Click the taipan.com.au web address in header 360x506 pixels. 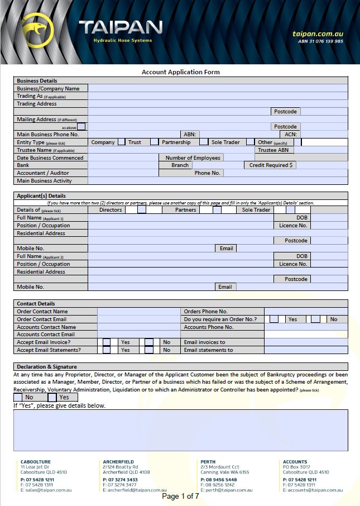tap(317, 34)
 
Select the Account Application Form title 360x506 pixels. tap(180, 72)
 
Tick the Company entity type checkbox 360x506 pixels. tap(121, 142)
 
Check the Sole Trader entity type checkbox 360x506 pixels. tap(250, 142)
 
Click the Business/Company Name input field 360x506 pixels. tap(218, 88)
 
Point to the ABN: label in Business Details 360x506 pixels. tap(189, 135)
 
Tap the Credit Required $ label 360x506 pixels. tap(271, 165)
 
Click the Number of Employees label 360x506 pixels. tap(193, 158)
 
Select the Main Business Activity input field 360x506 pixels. tap(218, 181)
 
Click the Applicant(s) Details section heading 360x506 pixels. tap(41, 196)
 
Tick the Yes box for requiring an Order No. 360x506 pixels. tap(274, 319)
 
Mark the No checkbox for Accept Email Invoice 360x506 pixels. tap(148, 342)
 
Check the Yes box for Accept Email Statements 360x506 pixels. tap(107, 350)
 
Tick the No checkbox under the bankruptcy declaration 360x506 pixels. tap(18, 398)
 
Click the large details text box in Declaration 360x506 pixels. tap(180, 430)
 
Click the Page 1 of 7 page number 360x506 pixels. tap(180, 496)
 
